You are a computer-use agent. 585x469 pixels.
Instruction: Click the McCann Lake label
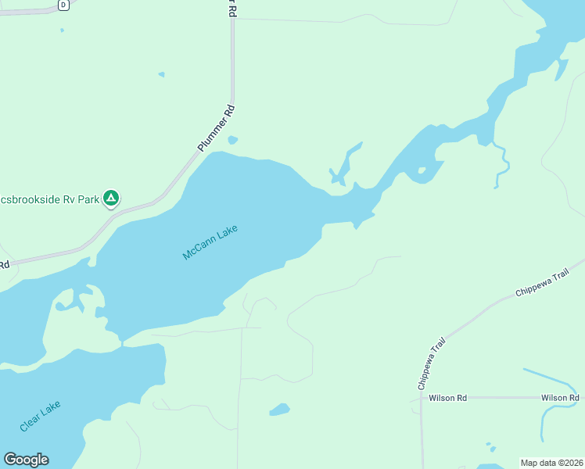click(x=209, y=243)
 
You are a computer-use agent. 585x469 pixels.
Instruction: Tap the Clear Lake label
click(x=40, y=417)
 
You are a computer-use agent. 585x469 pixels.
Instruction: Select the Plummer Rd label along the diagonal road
click(x=217, y=128)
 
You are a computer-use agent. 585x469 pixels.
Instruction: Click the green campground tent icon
click(x=111, y=199)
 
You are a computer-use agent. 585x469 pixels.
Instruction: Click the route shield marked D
click(x=63, y=5)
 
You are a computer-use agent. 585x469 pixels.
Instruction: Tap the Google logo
click(x=26, y=460)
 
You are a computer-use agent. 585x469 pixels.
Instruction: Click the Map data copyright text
click(x=551, y=462)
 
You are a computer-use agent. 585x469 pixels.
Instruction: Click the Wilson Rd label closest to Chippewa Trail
click(x=447, y=398)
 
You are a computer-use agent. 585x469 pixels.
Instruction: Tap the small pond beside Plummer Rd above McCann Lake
click(x=232, y=141)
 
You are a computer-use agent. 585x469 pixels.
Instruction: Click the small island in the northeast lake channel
click(x=422, y=170)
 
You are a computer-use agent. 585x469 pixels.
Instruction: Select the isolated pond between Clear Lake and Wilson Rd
click(x=279, y=410)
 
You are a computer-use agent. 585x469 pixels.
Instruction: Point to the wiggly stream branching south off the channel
click(x=503, y=165)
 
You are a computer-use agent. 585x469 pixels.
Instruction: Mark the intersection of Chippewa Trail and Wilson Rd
click(x=421, y=398)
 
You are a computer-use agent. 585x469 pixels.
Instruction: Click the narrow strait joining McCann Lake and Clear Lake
click(x=122, y=342)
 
